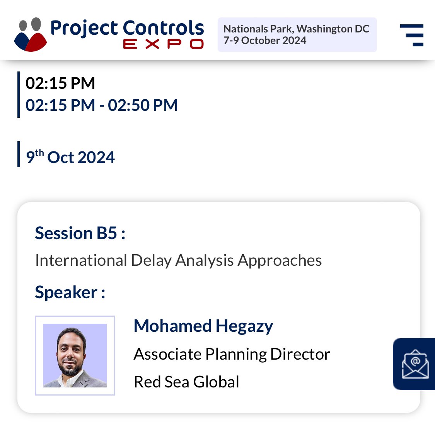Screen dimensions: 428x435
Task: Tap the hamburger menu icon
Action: click(412, 35)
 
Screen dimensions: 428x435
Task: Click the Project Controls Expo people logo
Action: click(30, 34)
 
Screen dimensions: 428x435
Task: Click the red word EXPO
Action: click(163, 44)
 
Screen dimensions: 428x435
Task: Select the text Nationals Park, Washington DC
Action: click(296, 29)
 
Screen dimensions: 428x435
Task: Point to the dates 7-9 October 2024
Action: click(265, 41)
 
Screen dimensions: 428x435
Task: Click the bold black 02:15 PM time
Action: click(60, 83)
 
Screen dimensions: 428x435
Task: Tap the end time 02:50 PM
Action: click(143, 105)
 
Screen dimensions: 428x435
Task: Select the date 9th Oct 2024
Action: click(70, 157)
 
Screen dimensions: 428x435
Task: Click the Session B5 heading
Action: click(80, 233)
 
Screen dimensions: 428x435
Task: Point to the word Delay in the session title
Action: click(151, 260)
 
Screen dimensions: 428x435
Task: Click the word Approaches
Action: click(280, 260)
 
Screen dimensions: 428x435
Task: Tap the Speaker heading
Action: click(70, 292)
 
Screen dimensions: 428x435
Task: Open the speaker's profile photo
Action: click(75, 355)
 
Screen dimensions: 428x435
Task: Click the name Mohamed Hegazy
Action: click(203, 326)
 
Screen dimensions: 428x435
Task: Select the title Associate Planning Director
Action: click(232, 354)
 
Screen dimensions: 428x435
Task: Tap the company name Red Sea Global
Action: click(186, 382)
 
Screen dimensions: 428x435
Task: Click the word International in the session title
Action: click(81, 260)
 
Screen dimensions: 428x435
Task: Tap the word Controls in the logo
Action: click(163, 28)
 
